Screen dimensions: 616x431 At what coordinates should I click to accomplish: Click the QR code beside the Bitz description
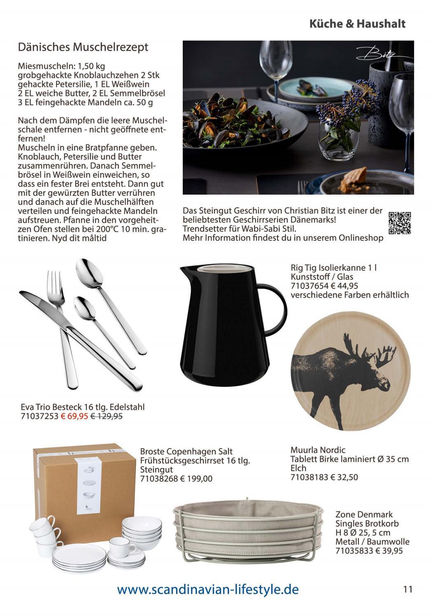pyautogui.click(x=400, y=223)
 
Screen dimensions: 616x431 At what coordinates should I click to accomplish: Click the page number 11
pyautogui.click(x=408, y=589)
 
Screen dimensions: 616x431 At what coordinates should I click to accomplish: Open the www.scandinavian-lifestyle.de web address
pyautogui.click(x=208, y=589)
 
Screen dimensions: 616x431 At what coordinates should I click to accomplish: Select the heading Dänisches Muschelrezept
pyautogui.click(x=83, y=47)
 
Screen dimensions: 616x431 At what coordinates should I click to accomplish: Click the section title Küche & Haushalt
pyautogui.click(x=357, y=24)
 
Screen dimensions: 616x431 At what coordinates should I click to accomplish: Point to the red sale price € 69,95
pyautogui.click(x=75, y=416)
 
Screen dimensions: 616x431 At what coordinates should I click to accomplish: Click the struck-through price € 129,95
pyautogui.click(x=106, y=416)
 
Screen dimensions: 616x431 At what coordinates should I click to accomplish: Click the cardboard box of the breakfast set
pyautogui.click(x=84, y=481)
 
